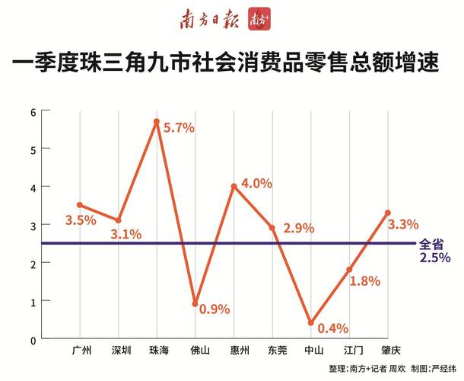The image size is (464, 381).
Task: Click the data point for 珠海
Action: click(x=156, y=121)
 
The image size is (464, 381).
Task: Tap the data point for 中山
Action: click(x=310, y=323)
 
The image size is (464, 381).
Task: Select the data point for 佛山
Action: click(x=195, y=304)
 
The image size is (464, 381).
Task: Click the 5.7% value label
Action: click(x=180, y=128)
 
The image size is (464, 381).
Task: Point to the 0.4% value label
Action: click(x=332, y=328)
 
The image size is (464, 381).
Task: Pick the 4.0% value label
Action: click(x=256, y=184)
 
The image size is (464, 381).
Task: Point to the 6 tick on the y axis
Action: click(x=33, y=111)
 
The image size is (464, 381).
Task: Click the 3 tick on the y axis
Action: click(x=33, y=226)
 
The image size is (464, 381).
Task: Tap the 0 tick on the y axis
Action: click(x=33, y=340)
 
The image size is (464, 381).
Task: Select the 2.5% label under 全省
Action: click(x=434, y=258)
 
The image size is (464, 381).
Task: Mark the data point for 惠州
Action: click(x=234, y=186)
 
